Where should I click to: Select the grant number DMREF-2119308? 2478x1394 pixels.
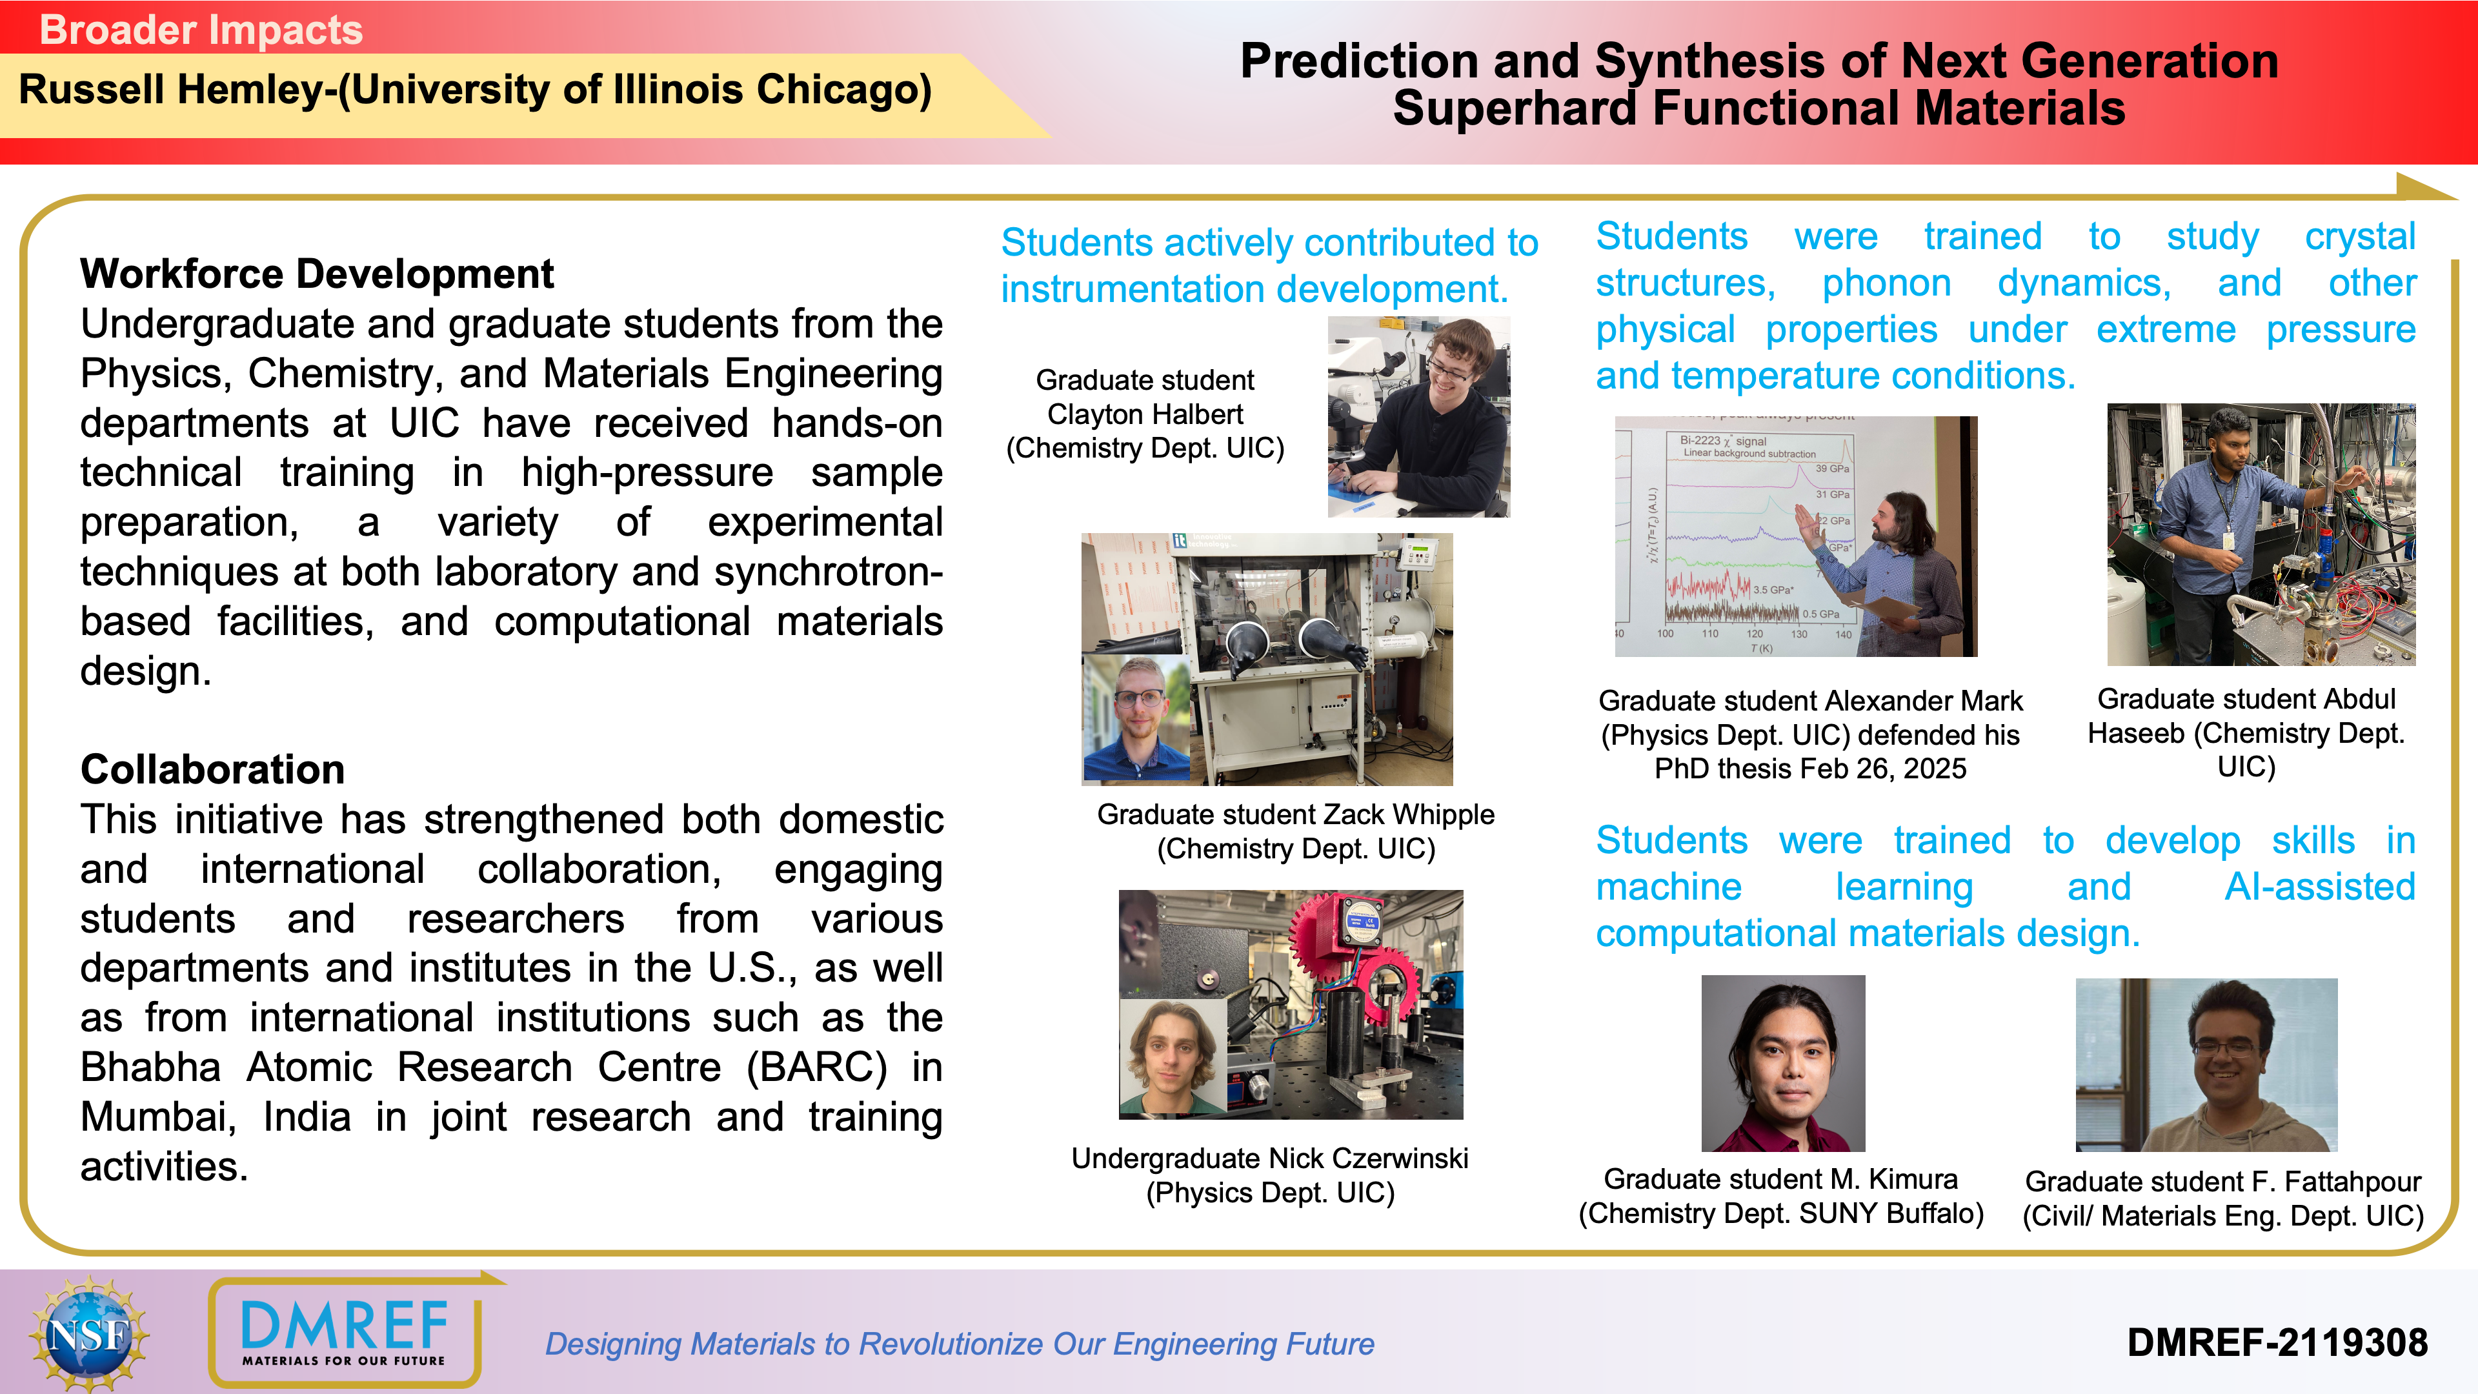(x=2277, y=1342)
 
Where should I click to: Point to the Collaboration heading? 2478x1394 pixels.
(x=212, y=770)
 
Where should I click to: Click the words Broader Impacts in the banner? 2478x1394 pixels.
(x=201, y=30)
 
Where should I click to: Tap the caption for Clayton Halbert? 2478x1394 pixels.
(x=1145, y=414)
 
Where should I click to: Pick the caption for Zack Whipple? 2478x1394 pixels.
(x=1296, y=831)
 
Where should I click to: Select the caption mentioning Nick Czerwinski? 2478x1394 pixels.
(x=1270, y=1175)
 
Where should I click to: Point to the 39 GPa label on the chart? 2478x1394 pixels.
(x=1831, y=469)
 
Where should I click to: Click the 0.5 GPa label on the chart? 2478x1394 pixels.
(x=1821, y=614)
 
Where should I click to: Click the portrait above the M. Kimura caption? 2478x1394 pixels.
(x=1784, y=1063)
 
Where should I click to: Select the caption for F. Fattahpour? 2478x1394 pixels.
(x=2223, y=1198)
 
